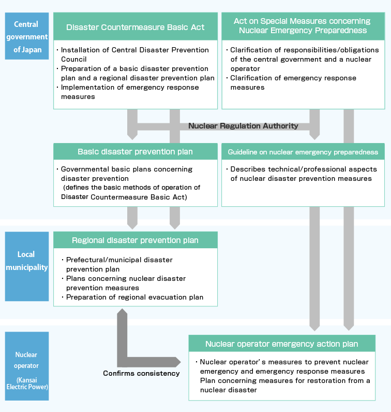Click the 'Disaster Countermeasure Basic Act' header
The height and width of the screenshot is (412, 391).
coord(136,26)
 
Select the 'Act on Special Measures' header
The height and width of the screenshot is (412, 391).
coord(303,26)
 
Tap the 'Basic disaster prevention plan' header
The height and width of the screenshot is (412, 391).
coord(136,152)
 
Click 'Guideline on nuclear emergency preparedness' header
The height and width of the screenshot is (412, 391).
coord(303,152)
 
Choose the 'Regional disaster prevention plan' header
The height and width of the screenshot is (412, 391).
coord(136,240)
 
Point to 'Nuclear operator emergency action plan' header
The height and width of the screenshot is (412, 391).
coord(282,344)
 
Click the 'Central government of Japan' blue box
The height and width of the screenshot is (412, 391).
coord(27,36)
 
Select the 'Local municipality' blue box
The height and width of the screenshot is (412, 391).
coord(27,266)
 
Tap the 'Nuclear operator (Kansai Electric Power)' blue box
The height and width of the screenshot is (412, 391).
coord(27,366)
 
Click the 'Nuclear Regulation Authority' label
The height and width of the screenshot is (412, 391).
coord(243,126)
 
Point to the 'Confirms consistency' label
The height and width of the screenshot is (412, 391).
coord(141,373)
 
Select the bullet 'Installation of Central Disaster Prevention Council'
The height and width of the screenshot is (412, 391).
coord(133,54)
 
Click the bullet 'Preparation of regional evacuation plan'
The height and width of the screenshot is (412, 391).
coord(132,297)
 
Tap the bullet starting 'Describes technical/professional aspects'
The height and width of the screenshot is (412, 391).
coord(302,174)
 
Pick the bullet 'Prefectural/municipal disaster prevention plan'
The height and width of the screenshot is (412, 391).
coord(117,264)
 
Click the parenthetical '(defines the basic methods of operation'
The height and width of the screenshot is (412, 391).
coord(132,188)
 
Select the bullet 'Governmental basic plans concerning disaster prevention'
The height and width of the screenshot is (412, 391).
coord(125,174)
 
